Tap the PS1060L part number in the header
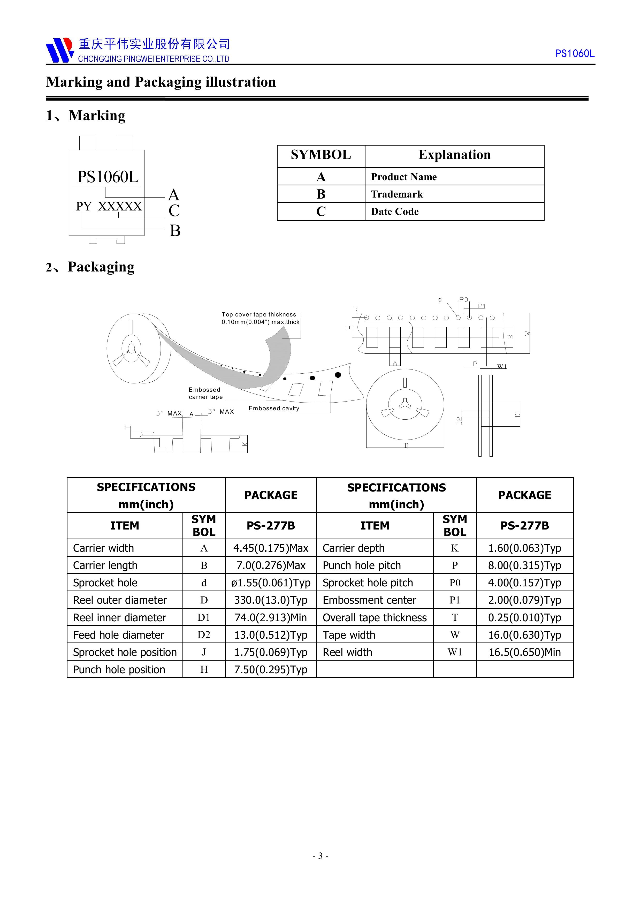click(x=574, y=54)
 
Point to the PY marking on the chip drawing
click(x=84, y=207)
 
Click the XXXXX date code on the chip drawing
click(x=120, y=207)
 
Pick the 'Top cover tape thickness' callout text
click(x=260, y=318)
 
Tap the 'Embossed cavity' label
click(x=274, y=408)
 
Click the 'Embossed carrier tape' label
click(x=205, y=393)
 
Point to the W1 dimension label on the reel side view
click(x=502, y=367)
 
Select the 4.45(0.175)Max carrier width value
click(x=271, y=548)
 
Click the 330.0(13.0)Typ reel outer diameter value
click(x=271, y=600)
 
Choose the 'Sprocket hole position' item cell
click(x=125, y=652)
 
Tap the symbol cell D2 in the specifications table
click(x=204, y=635)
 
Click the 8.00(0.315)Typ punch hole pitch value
click(x=524, y=565)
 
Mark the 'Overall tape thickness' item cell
click(x=375, y=617)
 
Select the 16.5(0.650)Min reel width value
click(x=524, y=652)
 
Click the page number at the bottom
click(x=320, y=856)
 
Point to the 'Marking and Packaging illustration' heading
click(x=161, y=82)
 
